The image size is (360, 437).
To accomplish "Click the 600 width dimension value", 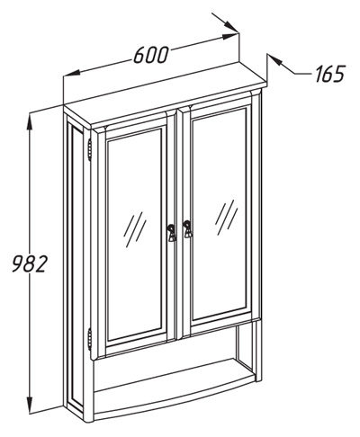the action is pyautogui.click(x=149, y=55).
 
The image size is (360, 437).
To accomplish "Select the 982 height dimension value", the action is pyautogui.click(x=30, y=263).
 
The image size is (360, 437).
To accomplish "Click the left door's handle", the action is pyautogui.click(x=171, y=232).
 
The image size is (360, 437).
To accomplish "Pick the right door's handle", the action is pyautogui.click(x=187, y=228).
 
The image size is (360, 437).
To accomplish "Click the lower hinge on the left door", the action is pyautogui.click(x=89, y=339).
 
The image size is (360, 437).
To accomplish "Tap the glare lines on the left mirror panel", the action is pyautogui.click(x=135, y=229).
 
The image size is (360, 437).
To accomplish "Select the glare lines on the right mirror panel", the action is pyautogui.click(x=226, y=217).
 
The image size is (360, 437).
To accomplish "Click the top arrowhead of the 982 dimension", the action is pyautogui.click(x=30, y=122).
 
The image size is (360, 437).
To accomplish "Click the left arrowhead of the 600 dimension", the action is pyautogui.click(x=72, y=74).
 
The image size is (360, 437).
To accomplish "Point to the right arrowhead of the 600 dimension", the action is pyautogui.click(x=230, y=37).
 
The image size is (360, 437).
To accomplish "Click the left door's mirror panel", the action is pyautogui.click(x=135, y=236).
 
